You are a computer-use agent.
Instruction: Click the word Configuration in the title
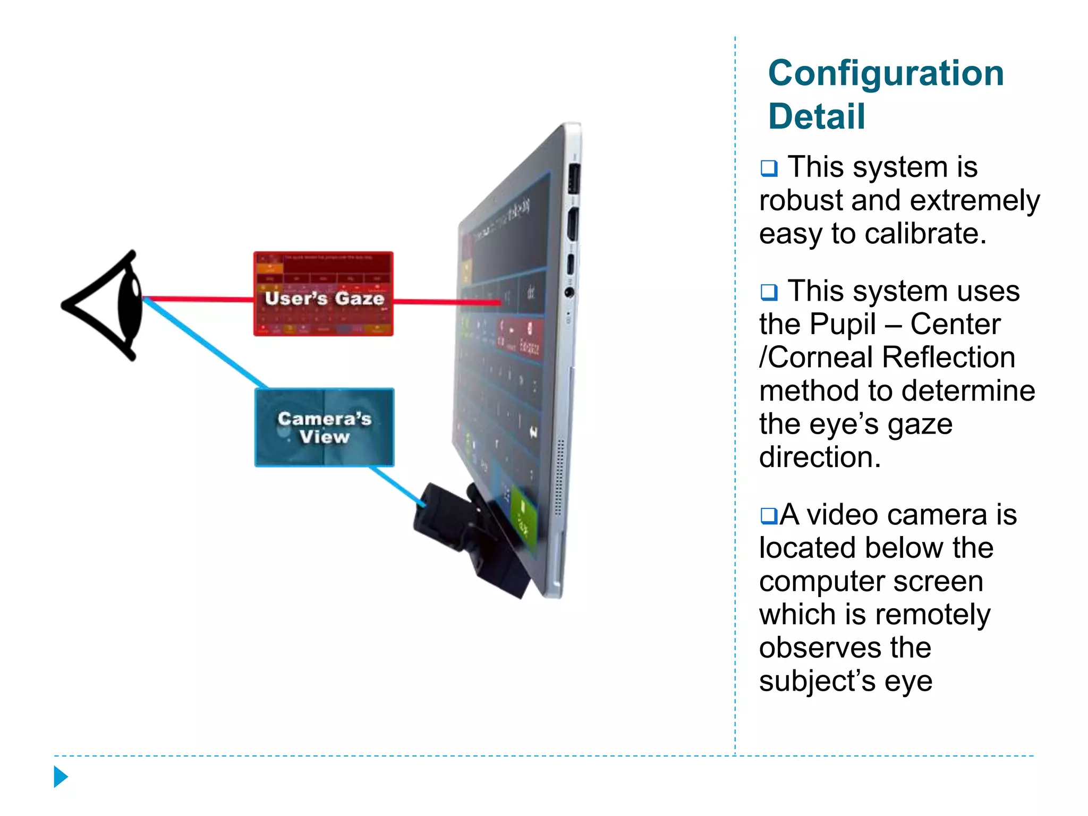[x=886, y=73]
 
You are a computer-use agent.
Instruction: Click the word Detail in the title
[x=817, y=117]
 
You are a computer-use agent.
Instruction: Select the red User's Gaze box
[x=323, y=294]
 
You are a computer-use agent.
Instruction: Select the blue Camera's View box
[x=324, y=428]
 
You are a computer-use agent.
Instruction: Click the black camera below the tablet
[x=467, y=537]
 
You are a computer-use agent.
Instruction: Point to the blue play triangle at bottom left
[x=61, y=777]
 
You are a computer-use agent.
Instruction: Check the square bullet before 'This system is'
[x=769, y=168]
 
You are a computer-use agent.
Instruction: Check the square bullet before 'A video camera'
[x=769, y=515]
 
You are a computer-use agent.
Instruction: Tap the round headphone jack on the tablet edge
[x=569, y=292]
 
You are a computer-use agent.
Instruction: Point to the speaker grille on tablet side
[x=558, y=478]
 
